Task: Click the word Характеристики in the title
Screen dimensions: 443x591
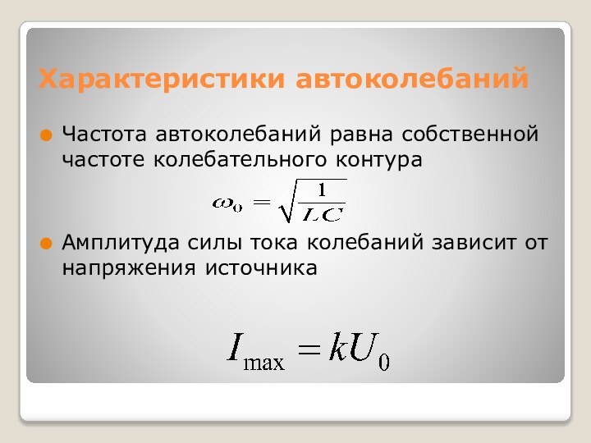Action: coord(164,80)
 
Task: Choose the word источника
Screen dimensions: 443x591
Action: coord(260,268)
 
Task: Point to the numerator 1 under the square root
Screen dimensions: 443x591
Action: coord(322,190)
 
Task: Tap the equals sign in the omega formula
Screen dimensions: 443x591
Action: coord(262,203)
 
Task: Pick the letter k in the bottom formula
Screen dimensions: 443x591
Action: coord(337,350)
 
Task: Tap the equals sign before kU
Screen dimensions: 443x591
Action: coord(309,351)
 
